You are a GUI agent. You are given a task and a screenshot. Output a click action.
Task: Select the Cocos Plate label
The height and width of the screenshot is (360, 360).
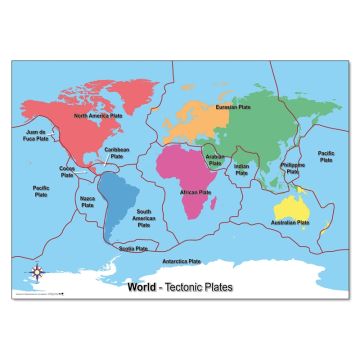pos(68,172)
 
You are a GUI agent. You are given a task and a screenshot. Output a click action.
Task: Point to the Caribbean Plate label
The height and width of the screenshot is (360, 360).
pos(117,154)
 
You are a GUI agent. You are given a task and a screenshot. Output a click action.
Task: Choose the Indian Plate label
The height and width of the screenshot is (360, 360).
pos(242,170)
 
